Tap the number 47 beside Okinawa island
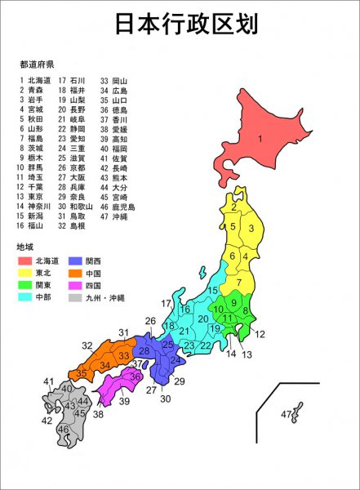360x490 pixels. pyautogui.click(x=286, y=416)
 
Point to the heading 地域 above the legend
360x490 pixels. pyautogui.click(x=24, y=246)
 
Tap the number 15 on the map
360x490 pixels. pyautogui.click(x=212, y=291)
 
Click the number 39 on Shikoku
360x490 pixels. pyautogui.click(x=123, y=401)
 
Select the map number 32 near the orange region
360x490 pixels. pyautogui.click(x=87, y=345)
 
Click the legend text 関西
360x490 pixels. pyautogui.click(x=104, y=261)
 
